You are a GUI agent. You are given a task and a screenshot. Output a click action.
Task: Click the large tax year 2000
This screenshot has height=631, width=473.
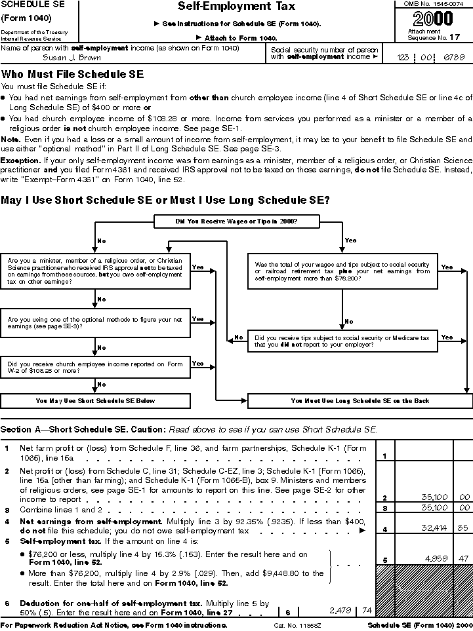(433, 19)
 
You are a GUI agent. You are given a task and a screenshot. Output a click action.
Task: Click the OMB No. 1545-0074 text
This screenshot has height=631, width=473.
(432, 5)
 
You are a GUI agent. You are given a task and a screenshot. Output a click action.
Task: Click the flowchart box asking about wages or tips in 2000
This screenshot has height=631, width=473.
(236, 221)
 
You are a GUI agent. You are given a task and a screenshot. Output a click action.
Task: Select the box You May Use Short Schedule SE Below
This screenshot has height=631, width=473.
(96, 400)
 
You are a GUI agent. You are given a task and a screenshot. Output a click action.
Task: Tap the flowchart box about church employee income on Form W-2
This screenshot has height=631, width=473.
(96, 366)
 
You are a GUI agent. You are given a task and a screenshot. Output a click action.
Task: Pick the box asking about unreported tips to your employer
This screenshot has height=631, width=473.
(342, 341)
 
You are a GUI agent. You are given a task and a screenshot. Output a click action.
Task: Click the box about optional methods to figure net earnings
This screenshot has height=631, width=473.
(96, 324)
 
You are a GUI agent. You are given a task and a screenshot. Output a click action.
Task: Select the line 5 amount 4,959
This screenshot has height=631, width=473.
(435, 559)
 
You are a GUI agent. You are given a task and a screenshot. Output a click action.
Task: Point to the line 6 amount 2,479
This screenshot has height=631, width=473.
(340, 610)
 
